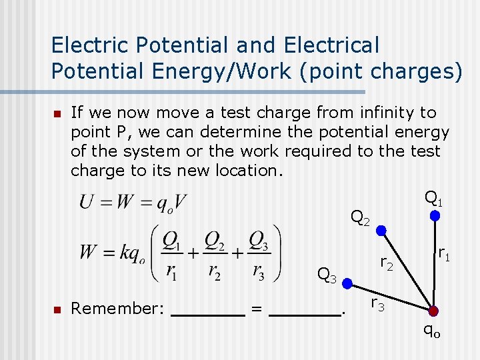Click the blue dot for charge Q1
(434, 216)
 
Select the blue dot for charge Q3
(347, 283)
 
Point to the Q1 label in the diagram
(434, 198)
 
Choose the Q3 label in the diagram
(327, 274)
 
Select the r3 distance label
(377, 305)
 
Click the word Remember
(117, 308)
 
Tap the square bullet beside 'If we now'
(57, 113)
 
